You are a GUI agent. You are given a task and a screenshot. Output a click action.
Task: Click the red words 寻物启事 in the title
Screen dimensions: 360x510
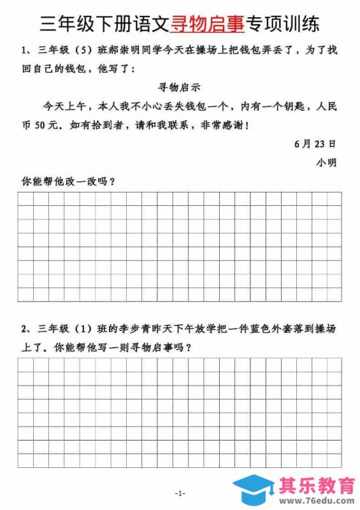coord(207,24)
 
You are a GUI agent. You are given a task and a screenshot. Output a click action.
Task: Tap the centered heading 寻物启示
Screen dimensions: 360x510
coord(179,85)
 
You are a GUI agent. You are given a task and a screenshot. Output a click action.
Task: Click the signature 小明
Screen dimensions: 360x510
coord(326,162)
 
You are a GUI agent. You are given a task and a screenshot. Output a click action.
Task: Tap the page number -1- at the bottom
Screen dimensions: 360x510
coord(180,493)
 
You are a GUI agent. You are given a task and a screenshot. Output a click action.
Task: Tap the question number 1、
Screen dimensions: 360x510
coord(27,49)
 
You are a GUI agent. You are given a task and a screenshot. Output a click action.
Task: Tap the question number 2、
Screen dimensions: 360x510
coord(27,330)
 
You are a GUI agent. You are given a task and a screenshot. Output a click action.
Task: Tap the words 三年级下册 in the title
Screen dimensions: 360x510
coord(87,24)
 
